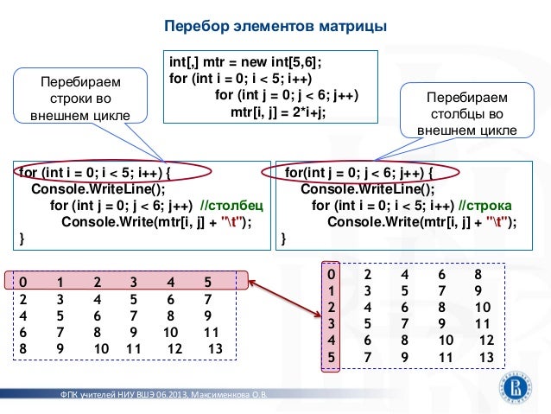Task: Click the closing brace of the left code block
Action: [22, 238]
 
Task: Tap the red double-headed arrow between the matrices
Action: [285, 278]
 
